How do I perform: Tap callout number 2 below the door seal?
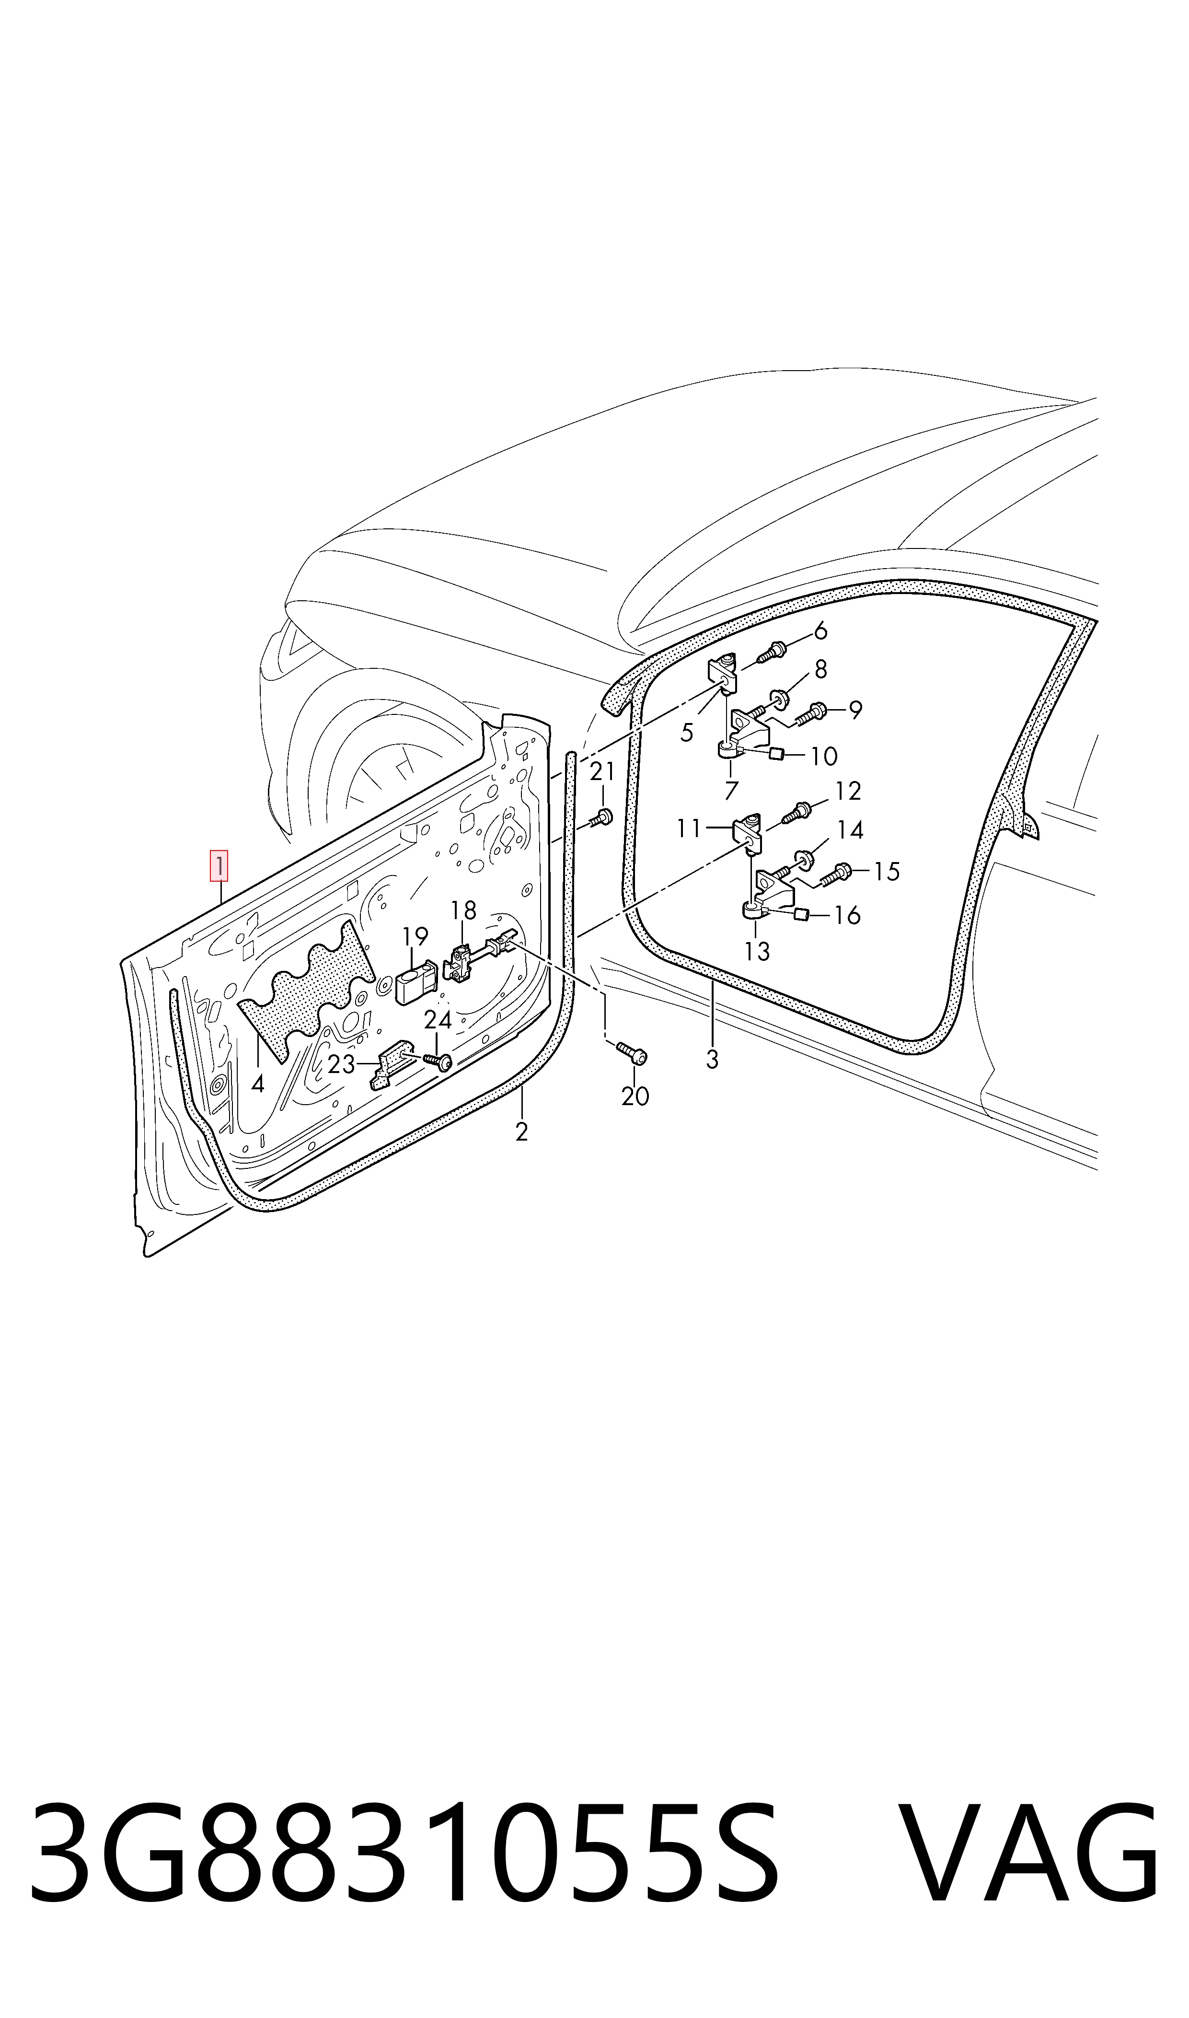521,1132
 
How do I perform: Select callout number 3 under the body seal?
712,1060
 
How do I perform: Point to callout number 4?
257,1085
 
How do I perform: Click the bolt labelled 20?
631,1055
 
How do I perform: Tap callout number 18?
463,910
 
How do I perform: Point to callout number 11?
688,828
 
